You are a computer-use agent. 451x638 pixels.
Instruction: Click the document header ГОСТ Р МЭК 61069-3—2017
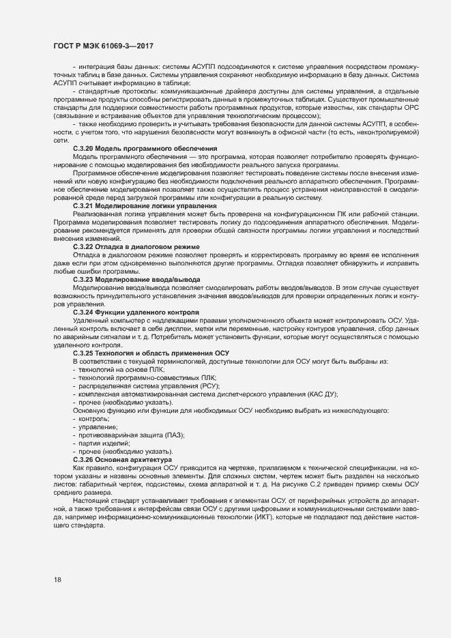102,46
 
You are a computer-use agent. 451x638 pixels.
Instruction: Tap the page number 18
57,580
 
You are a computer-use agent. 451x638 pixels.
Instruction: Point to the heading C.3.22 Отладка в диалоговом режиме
136,246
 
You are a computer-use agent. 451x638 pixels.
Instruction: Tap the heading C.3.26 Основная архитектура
122,459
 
